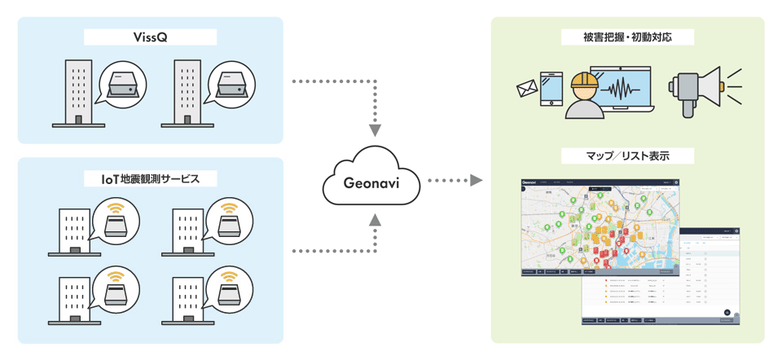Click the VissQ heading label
151,37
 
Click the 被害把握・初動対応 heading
627,37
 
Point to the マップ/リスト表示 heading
627,155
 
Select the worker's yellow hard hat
585,79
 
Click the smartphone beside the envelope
551,89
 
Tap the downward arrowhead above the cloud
375,130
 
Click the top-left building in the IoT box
75,230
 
